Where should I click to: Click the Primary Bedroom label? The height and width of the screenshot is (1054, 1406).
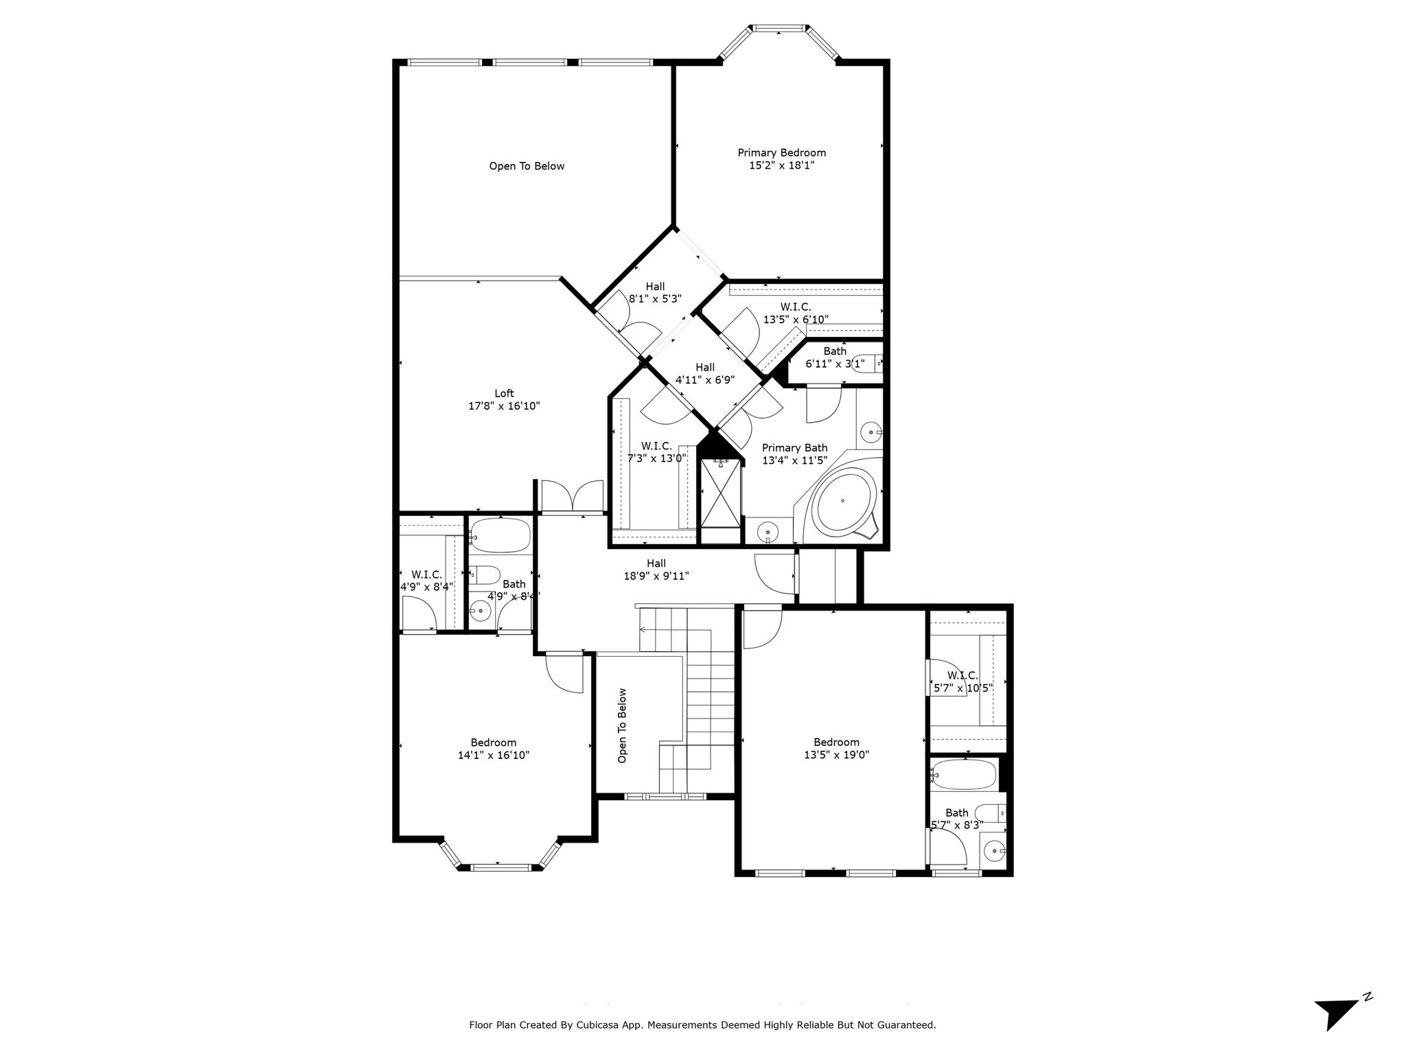click(781, 152)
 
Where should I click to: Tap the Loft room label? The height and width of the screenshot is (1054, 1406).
click(504, 393)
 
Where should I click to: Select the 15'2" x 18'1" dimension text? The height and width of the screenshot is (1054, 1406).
click(781, 165)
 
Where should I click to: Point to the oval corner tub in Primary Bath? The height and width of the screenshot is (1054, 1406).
click(844, 501)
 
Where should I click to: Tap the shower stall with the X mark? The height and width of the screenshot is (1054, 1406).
click(721, 494)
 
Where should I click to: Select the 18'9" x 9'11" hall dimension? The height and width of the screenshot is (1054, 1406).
click(656, 576)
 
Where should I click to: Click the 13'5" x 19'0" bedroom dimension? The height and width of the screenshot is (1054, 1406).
click(836, 755)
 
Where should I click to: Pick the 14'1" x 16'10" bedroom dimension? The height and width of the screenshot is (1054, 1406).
click(494, 756)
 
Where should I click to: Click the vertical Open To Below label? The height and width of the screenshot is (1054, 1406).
click(623, 725)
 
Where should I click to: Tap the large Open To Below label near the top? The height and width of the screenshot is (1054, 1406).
click(527, 166)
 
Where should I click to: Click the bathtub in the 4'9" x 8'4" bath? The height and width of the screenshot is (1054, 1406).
click(500, 535)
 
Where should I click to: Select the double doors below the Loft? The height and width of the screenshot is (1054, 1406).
click(571, 496)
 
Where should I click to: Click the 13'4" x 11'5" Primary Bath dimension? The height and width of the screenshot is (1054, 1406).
click(794, 460)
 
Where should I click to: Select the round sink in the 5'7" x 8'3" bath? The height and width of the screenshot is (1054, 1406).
click(995, 851)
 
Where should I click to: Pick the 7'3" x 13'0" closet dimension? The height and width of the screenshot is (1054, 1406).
click(656, 458)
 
